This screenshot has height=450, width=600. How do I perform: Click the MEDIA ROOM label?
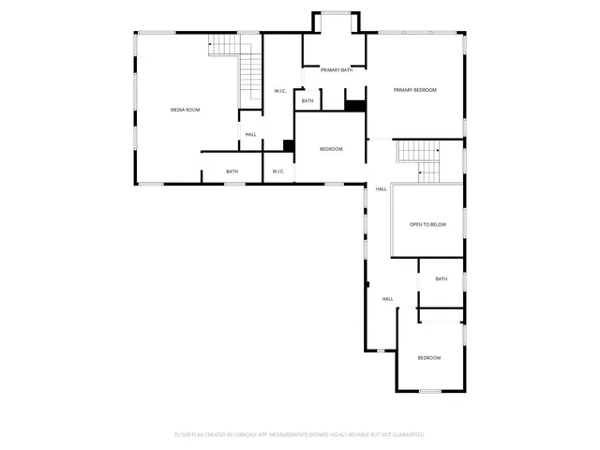coord(185,110)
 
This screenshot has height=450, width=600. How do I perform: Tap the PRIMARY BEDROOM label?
coord(414,90)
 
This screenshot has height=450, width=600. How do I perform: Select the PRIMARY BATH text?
coord(337,70)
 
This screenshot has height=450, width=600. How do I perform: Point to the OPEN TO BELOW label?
coord(427,225)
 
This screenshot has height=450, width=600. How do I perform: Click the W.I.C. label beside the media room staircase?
coord(279,91)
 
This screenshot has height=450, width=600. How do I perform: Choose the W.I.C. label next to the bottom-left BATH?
coord(278,172)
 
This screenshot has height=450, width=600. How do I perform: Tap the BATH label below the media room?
coord(232,172)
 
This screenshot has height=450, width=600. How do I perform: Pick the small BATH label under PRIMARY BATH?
coord(307,100)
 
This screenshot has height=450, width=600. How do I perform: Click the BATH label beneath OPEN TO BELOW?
coord(441,278)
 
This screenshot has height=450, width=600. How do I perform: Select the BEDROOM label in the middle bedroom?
coord(331,150)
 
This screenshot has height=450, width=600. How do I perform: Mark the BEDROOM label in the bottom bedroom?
coord(428,358)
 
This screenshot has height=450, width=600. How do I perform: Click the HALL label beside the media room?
coord(250,135)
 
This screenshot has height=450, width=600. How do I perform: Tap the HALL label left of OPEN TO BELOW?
coord(381,189)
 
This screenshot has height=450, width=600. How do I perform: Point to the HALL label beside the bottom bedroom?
coord(387,299)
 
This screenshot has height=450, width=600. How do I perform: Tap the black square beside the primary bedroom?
coord(354,104)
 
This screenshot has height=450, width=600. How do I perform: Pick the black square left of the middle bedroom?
coord(289,145)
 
